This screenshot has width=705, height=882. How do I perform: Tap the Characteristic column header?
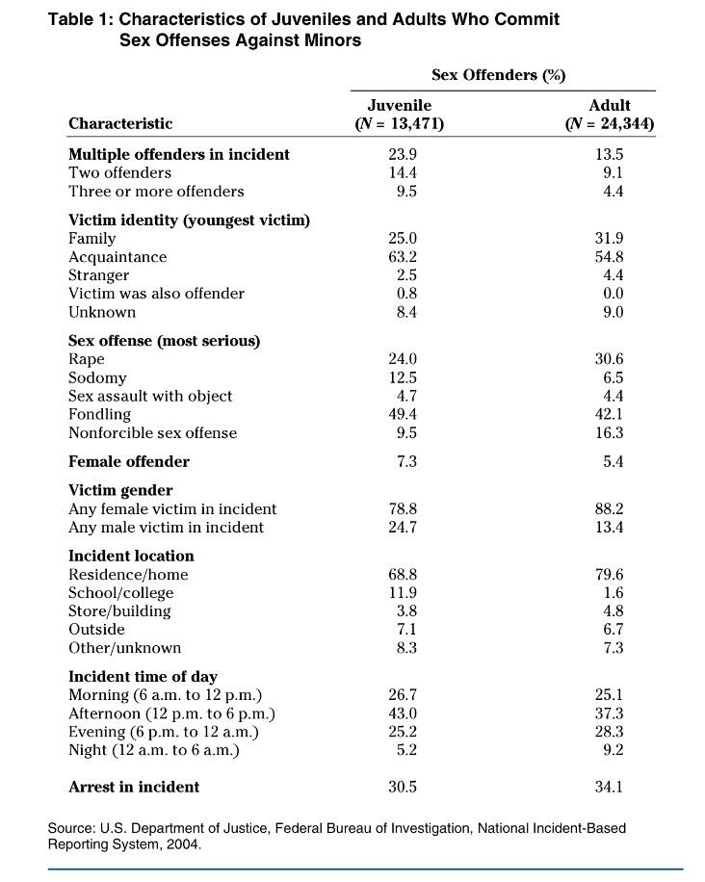120,123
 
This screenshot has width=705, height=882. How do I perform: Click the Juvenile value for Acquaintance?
402,257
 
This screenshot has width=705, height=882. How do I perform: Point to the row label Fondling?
99,414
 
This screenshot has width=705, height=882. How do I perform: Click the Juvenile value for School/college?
402,593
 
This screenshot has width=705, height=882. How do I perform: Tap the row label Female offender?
129,462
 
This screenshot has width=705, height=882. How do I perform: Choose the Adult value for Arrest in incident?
610,787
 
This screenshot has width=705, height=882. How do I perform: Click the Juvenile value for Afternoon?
402,713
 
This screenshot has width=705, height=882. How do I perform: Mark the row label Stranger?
98,275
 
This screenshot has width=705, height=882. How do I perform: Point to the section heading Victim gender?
120,490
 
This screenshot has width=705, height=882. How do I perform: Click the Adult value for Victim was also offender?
613,294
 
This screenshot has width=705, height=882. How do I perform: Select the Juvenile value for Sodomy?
402,377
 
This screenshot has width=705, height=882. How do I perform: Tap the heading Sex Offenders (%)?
499,75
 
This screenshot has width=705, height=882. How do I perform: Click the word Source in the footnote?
72,828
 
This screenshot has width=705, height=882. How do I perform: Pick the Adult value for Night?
613,750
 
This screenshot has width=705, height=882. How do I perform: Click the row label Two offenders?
119,173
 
